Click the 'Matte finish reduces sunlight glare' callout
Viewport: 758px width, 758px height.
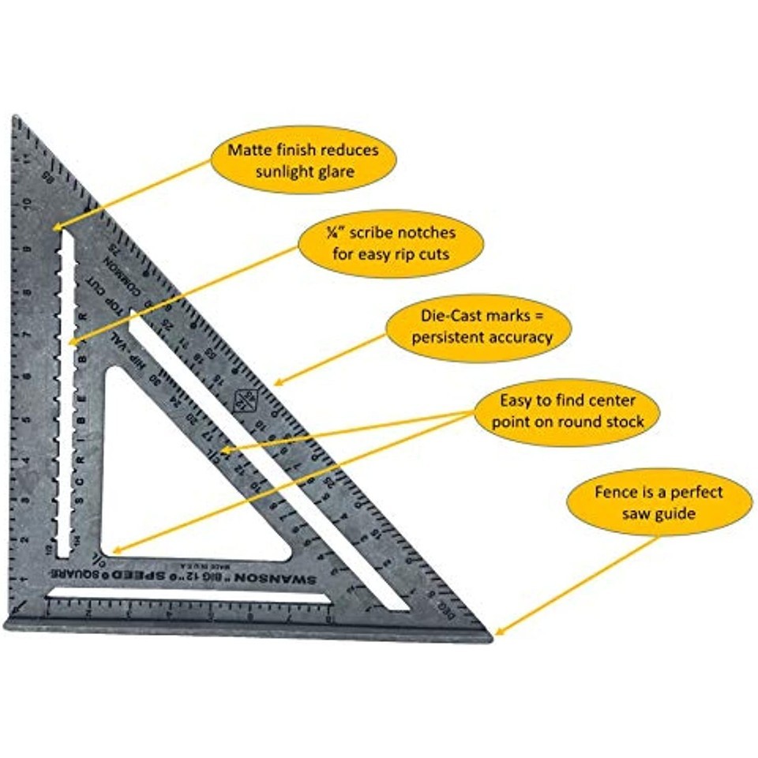click(x=303, y=161)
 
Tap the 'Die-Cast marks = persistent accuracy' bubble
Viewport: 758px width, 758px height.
click(x=478, y=327)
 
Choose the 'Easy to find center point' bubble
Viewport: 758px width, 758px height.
click(x=567, y=411)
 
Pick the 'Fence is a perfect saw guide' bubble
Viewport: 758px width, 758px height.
click(x=659, y=502)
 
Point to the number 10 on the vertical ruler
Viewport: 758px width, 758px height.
click(x=28, y=203)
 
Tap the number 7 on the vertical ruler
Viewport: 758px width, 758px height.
click(x=28, y=333)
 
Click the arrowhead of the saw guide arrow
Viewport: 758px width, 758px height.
click(x=497, y=633)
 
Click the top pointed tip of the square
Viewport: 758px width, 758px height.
click(x=15, y=119)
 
